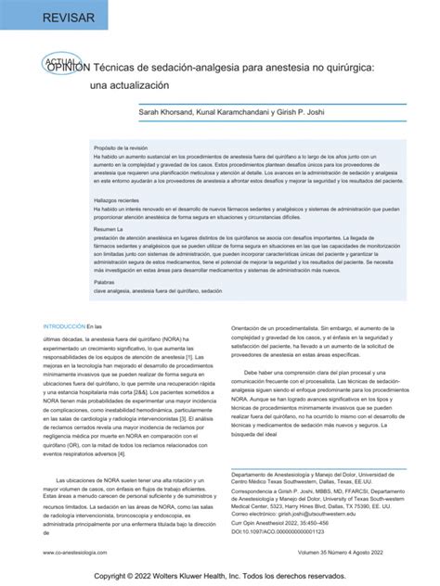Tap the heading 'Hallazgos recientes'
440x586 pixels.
click(x=120, y=200)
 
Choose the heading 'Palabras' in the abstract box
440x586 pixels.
click(x=105, y=281)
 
